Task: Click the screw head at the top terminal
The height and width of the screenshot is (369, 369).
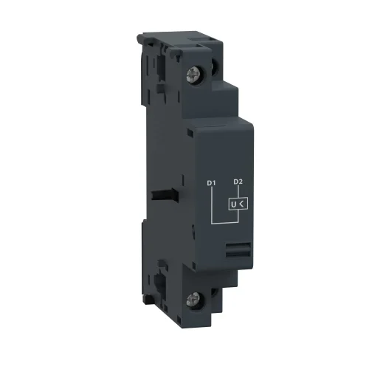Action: coord(198,75)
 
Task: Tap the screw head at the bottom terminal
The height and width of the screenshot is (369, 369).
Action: coord(197,300)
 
